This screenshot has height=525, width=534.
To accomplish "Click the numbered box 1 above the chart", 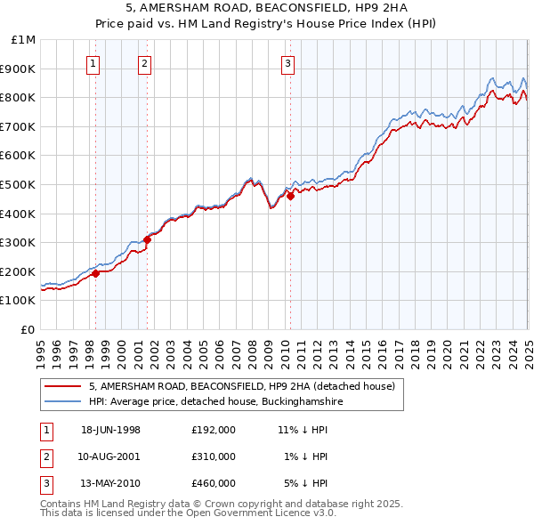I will tap(93, 63).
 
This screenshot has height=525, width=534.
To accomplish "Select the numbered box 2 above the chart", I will tap(144, 63).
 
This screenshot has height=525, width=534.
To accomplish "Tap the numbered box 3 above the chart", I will tap(288, 63).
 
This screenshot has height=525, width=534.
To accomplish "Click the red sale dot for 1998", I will tap(96, 274).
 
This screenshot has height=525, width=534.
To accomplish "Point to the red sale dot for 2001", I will tap(147, 238).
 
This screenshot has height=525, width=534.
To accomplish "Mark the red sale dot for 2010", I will tap(290, 196).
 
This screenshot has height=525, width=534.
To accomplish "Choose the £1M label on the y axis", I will tap(23, 40).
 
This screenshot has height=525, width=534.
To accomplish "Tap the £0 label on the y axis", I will tap(28, 329).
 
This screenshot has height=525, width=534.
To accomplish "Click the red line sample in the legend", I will tap(62, 386).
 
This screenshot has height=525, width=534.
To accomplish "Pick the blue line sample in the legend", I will tap(62, 402).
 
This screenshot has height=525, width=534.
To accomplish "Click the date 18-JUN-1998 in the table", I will tap(110, 430).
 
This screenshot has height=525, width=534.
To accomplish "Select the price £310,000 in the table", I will tap(214, 456).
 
